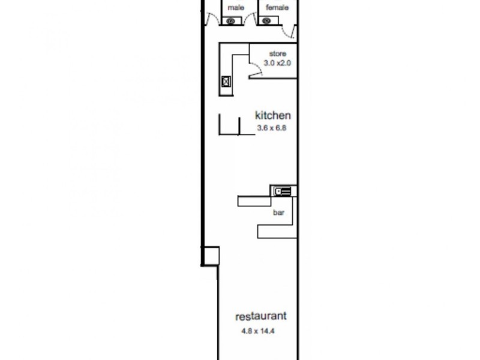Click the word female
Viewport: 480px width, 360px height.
[277, 8]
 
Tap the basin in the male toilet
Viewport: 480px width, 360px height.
[231, 21]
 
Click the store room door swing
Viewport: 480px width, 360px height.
[256, 71]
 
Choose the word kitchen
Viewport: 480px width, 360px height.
[273, 116]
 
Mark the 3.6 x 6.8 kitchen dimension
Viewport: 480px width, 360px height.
[268, 127]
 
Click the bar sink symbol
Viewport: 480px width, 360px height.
[283, 191]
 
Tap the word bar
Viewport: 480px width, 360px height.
[278, 212]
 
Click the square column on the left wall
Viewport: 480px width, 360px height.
[211, 256]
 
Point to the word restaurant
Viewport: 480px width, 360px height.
[260, 316]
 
